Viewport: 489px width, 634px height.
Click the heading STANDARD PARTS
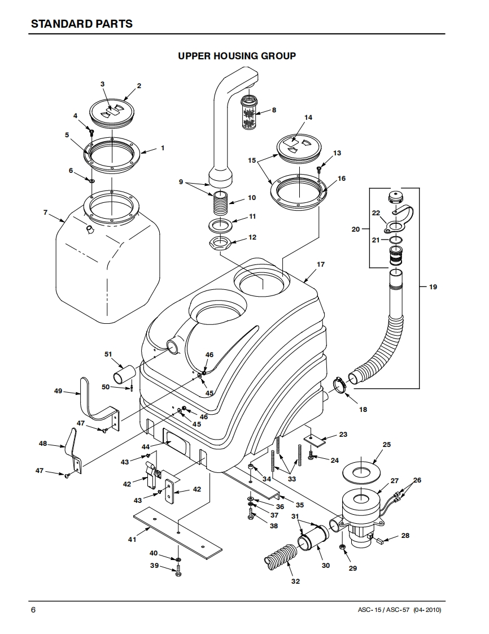(x=82, y=24)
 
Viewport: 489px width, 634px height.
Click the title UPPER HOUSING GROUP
(x=237, y=56)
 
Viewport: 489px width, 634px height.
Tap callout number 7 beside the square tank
(x=45, y=212)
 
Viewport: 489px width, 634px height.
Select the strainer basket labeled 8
(x=250, y=112)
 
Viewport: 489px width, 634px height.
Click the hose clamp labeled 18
(x=341, y=384)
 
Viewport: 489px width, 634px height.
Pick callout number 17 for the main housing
(x=321, y=264)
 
